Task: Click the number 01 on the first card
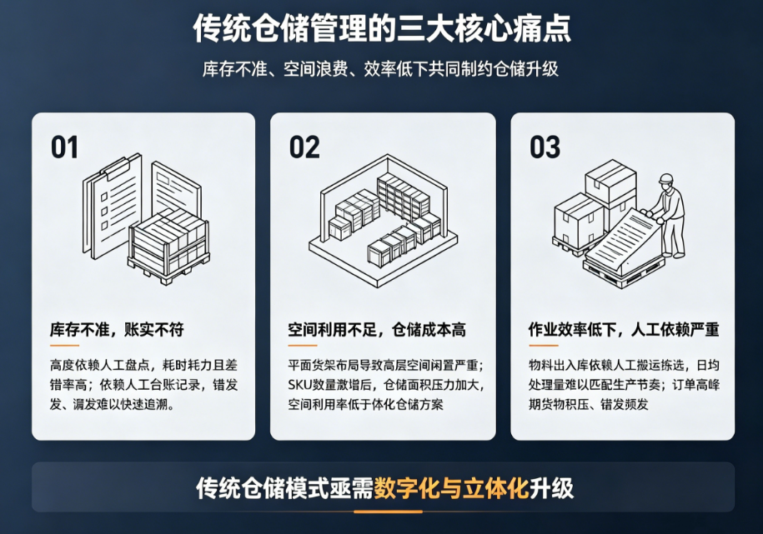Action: pos(64,147)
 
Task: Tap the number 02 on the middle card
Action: pos(304,147)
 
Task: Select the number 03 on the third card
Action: pos(545,147)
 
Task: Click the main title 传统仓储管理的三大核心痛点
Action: pos(382,28)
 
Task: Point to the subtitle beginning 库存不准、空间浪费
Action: pos(380,69)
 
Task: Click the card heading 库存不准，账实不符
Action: pos(117,330)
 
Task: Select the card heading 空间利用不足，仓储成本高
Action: pos(377,330)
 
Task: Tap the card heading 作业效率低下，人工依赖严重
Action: pos(624,330)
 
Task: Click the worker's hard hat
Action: pos(665,178)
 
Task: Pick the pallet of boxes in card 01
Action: pos(168,247)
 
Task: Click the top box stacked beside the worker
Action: pos(610,182)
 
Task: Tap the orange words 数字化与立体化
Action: pos(451,488)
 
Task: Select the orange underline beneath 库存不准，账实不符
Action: pos(64,345)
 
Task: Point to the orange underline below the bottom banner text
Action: pos(388,512)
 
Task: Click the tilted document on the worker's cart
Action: pos(621,237)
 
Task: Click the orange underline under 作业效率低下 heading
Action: pos(544,345)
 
